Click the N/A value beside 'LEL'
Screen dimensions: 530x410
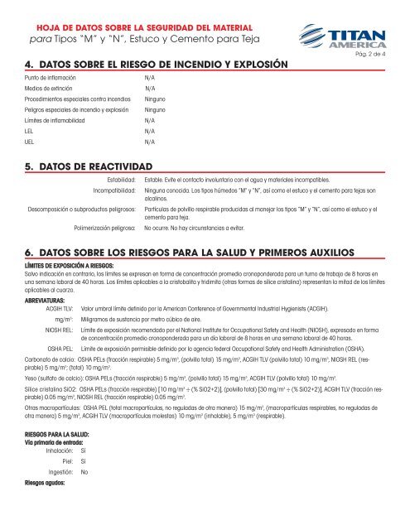(150, 131)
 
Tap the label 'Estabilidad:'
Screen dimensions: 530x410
(116, 178)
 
